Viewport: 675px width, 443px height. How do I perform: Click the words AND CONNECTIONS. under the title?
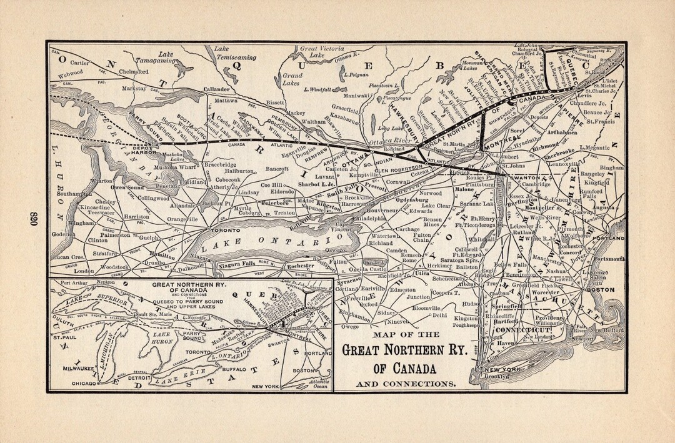[405, 382]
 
